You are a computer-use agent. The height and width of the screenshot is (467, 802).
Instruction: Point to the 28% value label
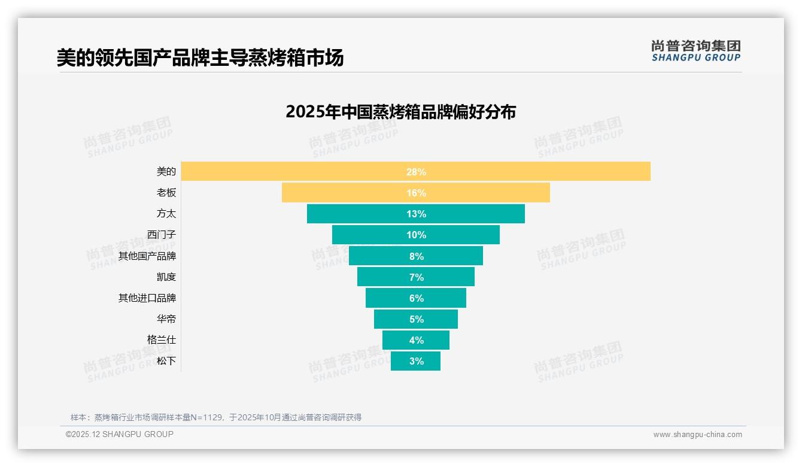(x=416, y=172)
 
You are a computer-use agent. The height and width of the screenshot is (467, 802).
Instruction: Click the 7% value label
(x=416, y=277)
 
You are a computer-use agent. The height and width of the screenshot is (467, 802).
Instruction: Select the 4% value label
(x=416, y=340)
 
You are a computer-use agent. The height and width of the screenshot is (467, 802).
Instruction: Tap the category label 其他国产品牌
(x=147, y=256)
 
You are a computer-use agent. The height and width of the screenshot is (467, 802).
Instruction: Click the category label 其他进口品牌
(x=147, y=298)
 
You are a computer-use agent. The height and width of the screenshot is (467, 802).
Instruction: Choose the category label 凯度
(x=166, y=277)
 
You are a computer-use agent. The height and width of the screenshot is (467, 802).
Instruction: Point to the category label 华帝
(x=166, y=319)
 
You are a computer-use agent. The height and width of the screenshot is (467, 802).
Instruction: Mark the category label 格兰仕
(x=162, y=340)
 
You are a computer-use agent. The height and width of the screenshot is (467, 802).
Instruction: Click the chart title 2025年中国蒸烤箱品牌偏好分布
(x=400, y=112)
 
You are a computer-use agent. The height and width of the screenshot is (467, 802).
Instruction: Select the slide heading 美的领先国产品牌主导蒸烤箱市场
(x=200, y=58)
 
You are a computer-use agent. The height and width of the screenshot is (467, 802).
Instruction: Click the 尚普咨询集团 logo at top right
(x=695, y=51)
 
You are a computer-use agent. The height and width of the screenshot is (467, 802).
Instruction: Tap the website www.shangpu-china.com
(x=697, y=435)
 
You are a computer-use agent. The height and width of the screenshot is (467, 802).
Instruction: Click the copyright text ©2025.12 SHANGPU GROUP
(x=120, y=434)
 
